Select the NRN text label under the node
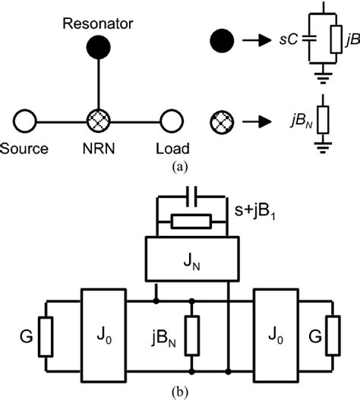(98, 146)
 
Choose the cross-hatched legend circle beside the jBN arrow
(219, 121)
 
